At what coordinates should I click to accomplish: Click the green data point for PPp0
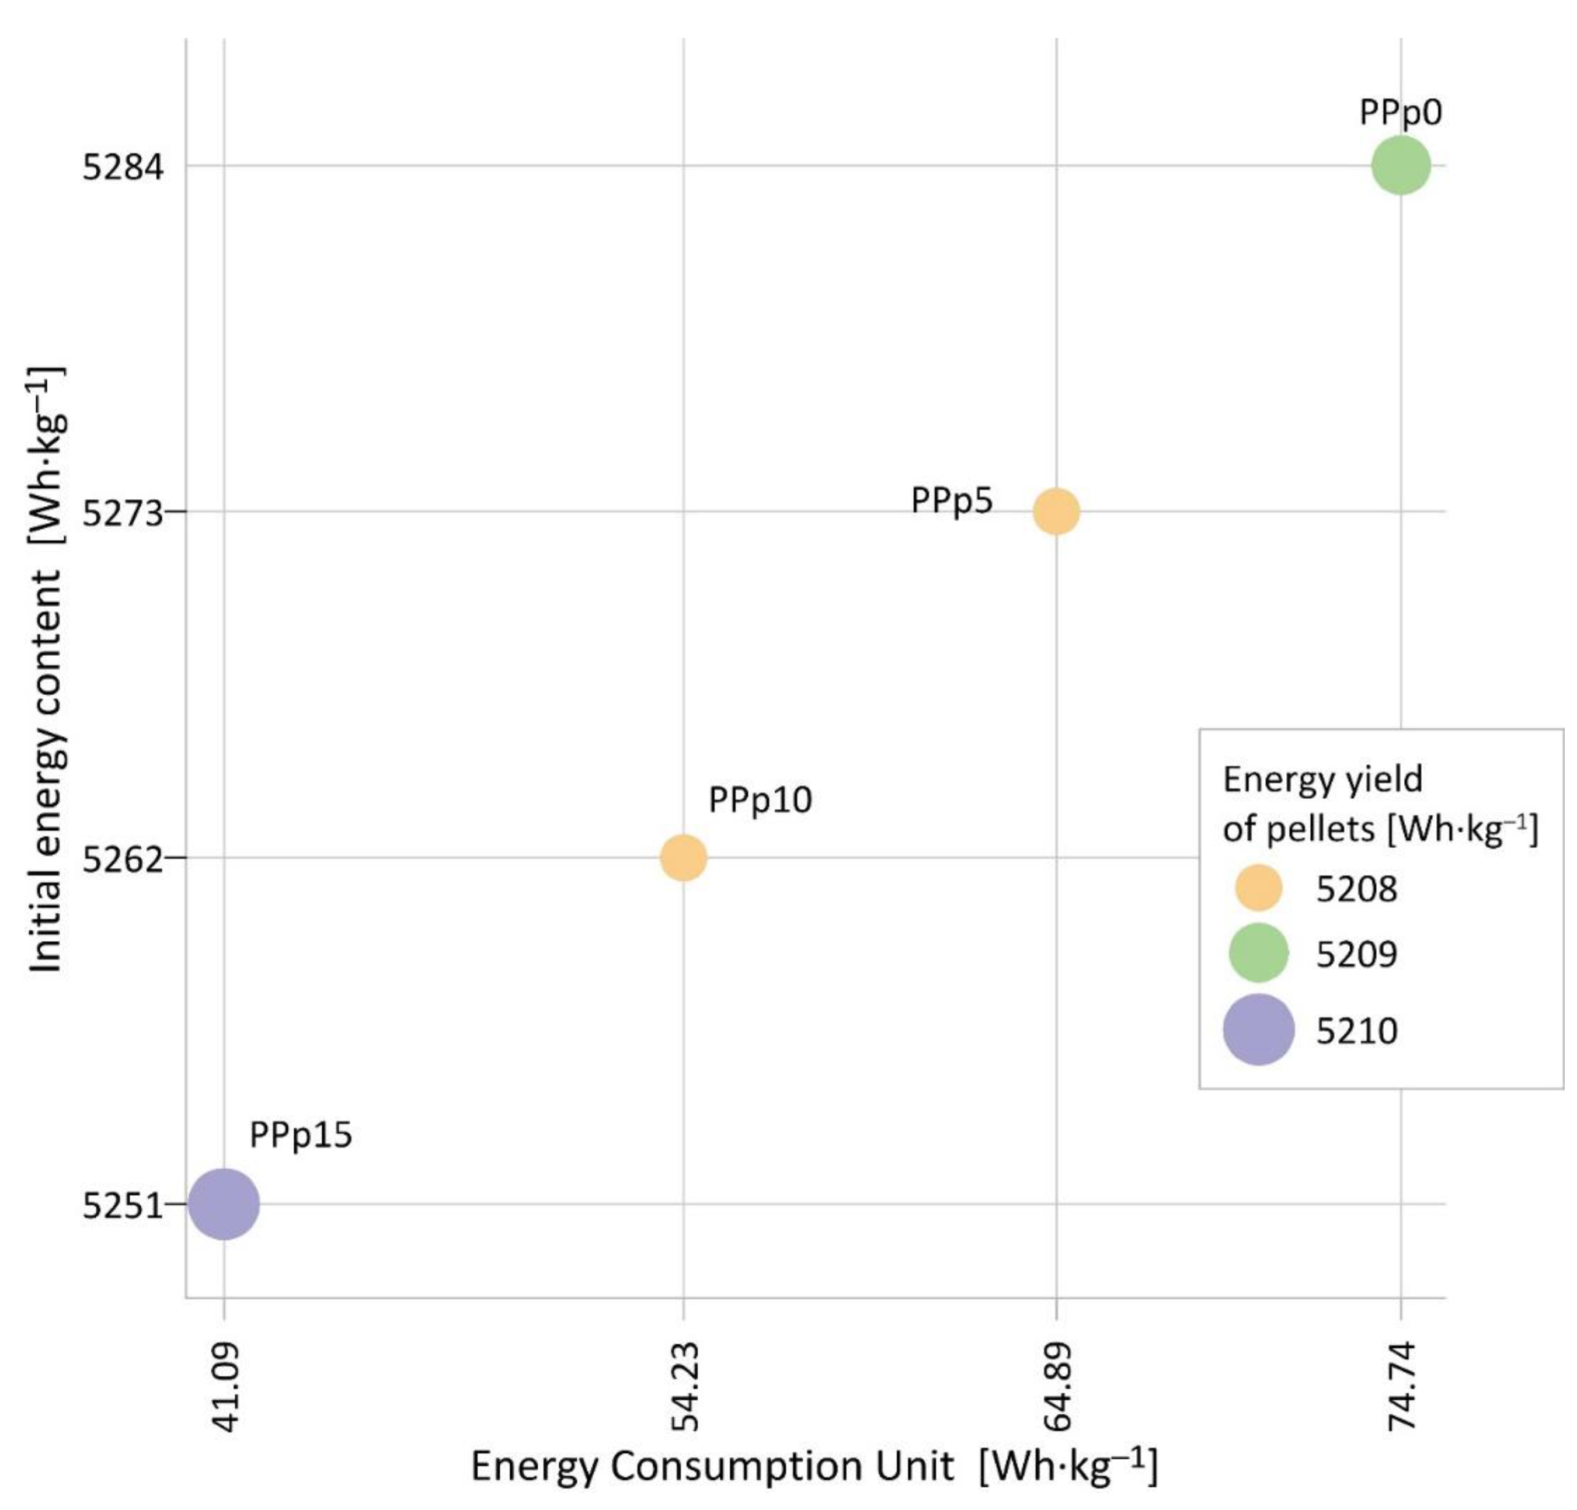point(1400,166)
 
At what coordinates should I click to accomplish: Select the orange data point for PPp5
point(1056,511)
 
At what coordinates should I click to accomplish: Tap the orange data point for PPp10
point(683,858)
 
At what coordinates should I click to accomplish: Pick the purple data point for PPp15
point(224,1203)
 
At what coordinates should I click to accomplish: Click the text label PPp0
point(1400,113)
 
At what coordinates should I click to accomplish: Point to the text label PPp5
point(951,501)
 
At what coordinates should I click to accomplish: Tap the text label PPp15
point(300,1135)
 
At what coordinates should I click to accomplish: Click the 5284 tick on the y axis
point(123,168)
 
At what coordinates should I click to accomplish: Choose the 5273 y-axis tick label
point(123,513)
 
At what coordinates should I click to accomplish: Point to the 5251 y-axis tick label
point(123,1206)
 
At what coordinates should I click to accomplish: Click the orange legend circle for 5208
point(1258,888)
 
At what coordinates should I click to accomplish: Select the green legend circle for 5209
point(1258,952)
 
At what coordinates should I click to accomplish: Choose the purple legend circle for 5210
point(1258,1029)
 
